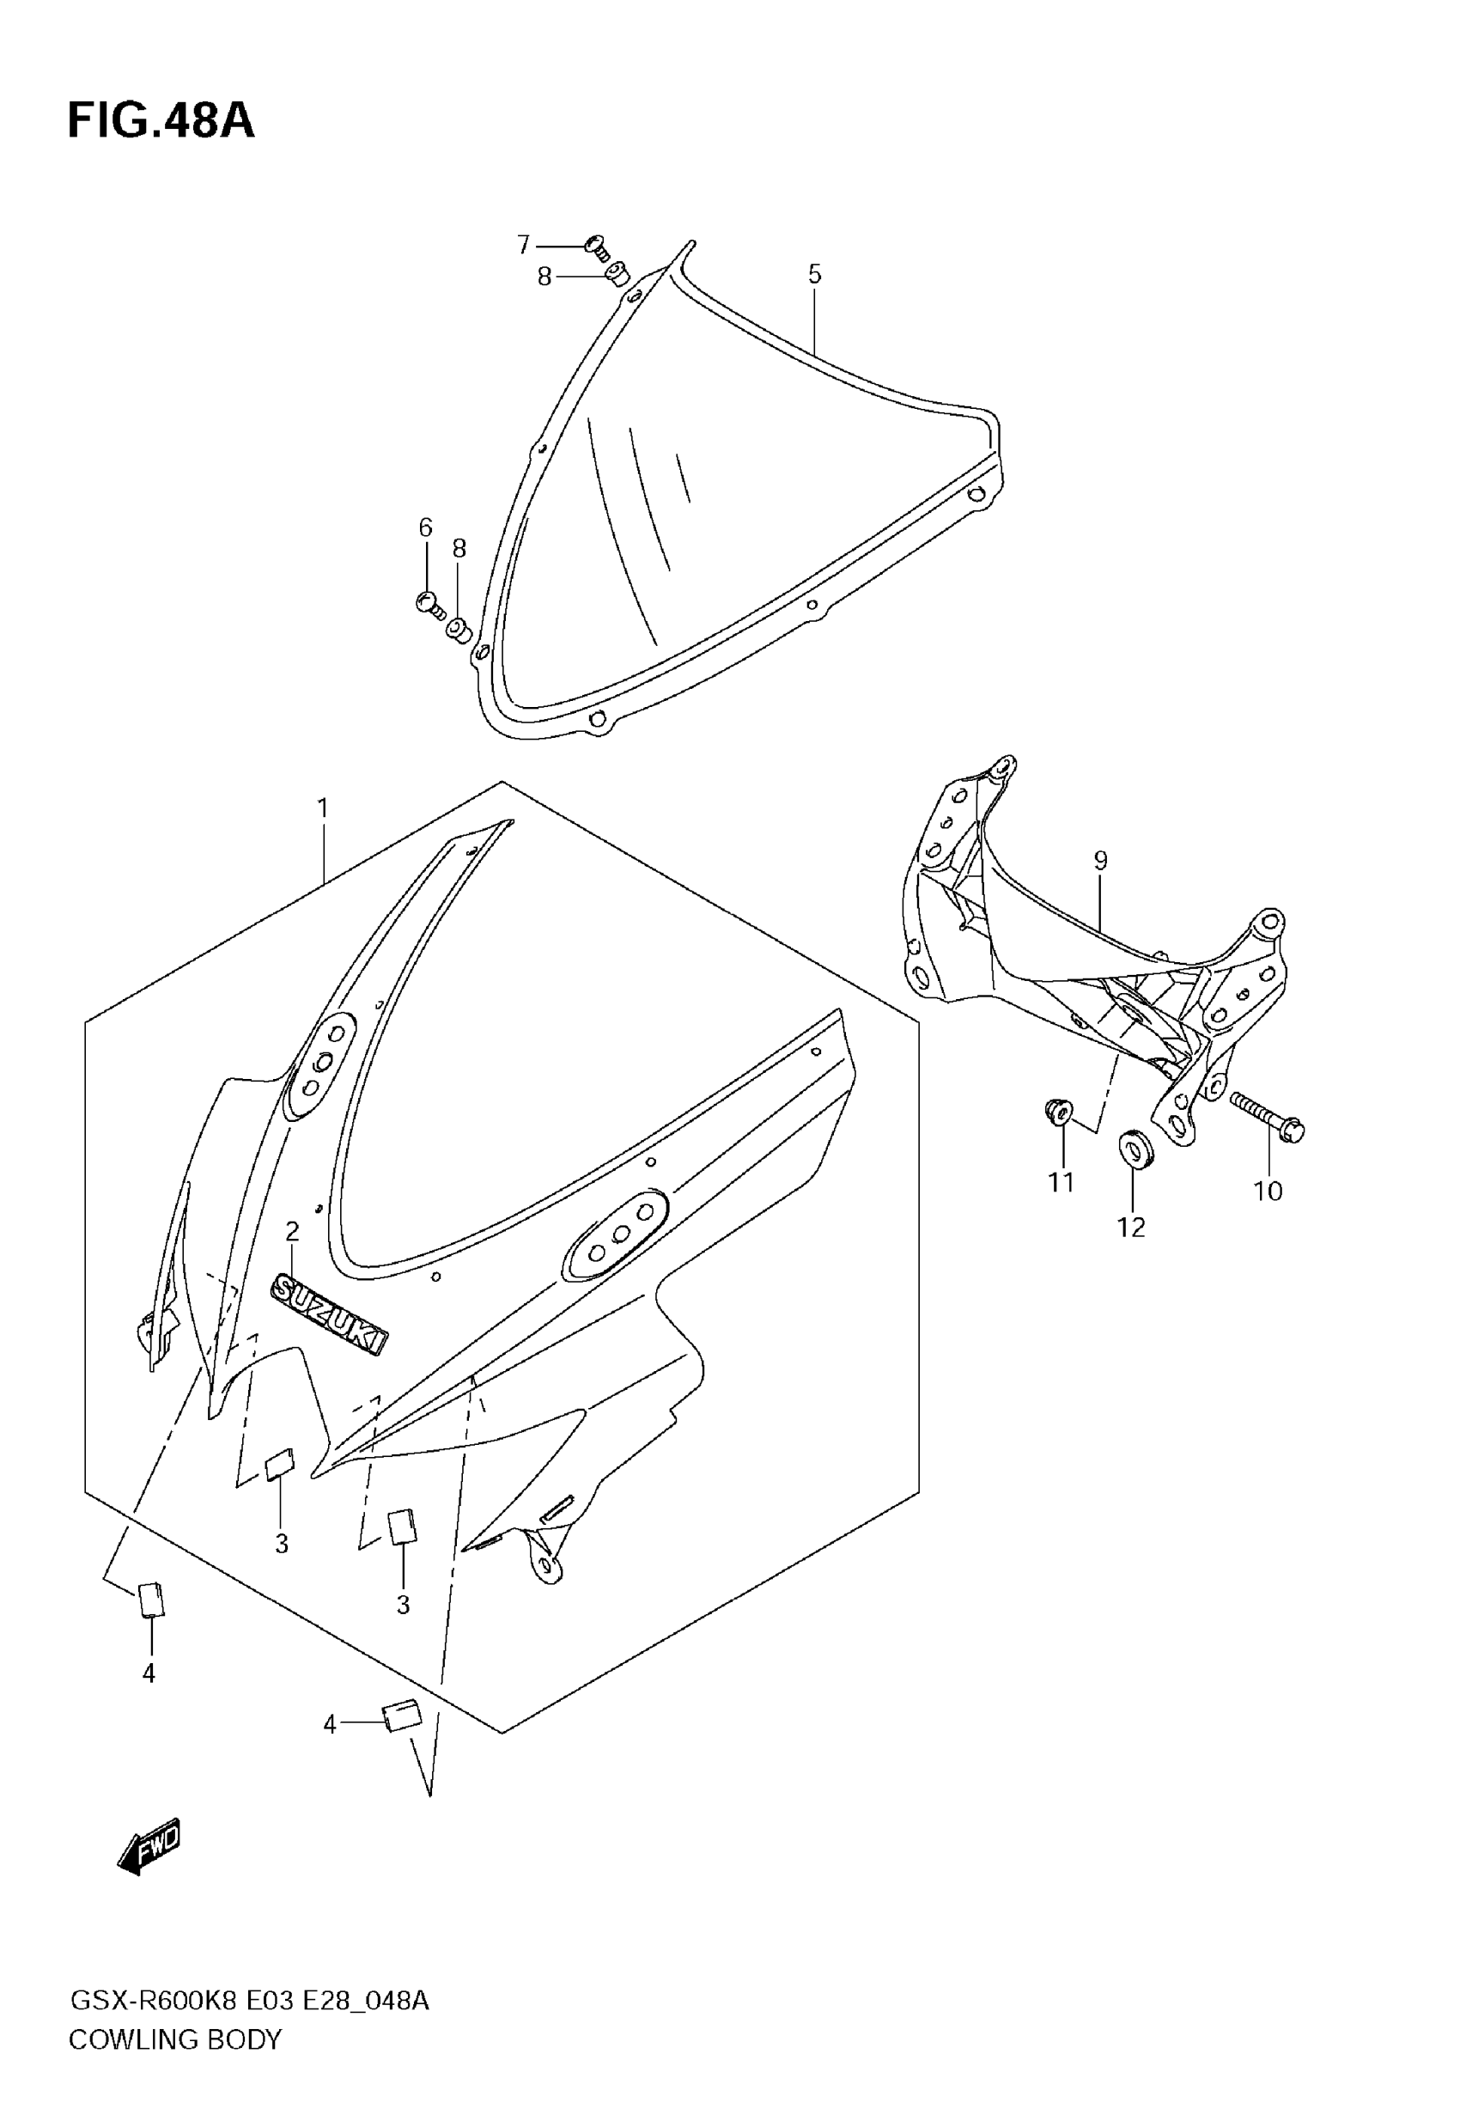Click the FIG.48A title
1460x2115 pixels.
pyautogui.click(x=161, y=121)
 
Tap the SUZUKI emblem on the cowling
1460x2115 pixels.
pyautogui.click(x=329, y=1315)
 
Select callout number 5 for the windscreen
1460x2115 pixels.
pyautogui.click(x=814, y=274)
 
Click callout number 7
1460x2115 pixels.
pyautogui.click(x=523, y=245)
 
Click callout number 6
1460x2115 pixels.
pyautogui.click(x=425, y=527)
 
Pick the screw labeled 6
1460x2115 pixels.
pyautogui.click(x=429, y=604)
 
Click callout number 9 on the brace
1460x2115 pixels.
pyautogui.click(x=1099, y=861)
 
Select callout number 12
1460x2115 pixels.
pyautogui.click(x=1131, y=1228)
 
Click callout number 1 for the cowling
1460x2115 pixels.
pyautogui.click(x=322, y=808)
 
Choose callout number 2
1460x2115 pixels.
pyautogui.click(x=292, y=1231)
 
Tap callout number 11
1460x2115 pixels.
pyautogui.click(x=1061, y=1183)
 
